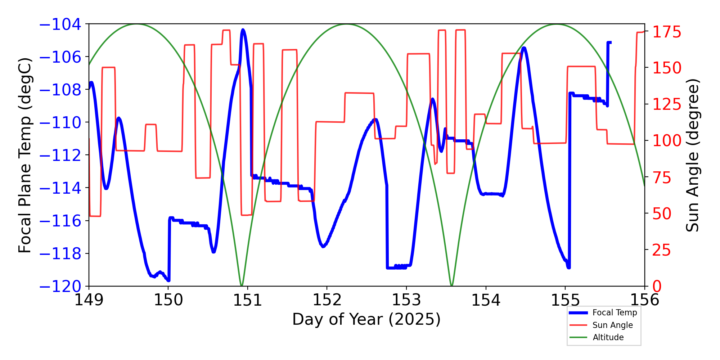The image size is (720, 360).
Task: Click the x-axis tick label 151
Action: pyautogui.click(x=247, y=300)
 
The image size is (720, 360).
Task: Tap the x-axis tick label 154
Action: pyautogui.click(x=486, y=300)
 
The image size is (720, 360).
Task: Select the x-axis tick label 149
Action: pyautogui.click(x=89, y=300)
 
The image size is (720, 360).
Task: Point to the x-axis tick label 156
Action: pyautogui.click(x=644, y=300)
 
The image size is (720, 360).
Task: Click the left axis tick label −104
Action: pyautogui.click(x=60, y=24)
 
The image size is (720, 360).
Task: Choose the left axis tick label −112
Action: pyautogui.click(x=60, y=155)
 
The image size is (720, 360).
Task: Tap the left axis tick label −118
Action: pyautogui.click(x=60, y=254)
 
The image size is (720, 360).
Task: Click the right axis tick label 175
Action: pyautogui.click(x=667, y=32)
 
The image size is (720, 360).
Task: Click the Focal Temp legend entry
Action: pyautogui.click(x=615, y=312)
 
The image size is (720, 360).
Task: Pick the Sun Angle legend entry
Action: pyautogui.click(x=612, y=325)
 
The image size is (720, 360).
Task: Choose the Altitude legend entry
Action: pyautogui.click(x=608, y=337)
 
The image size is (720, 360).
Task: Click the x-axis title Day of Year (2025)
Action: pyautogui.click(x=366, y=319)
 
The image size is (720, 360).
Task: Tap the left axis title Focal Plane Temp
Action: pyautogui.click(x=25, y=155)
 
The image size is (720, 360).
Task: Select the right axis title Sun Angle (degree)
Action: pyautogui.click(x=692, y=155)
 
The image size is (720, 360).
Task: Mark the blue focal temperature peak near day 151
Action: pyautogui.click(x=243, y=30)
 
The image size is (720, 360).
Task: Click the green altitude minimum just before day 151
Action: pyautogui.click(x=242, y=285)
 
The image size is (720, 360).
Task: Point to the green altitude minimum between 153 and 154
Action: pyautogui.click(x=452, y=285)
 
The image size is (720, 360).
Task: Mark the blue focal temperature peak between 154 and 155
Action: pyautogui.click(x=524, y=48)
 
